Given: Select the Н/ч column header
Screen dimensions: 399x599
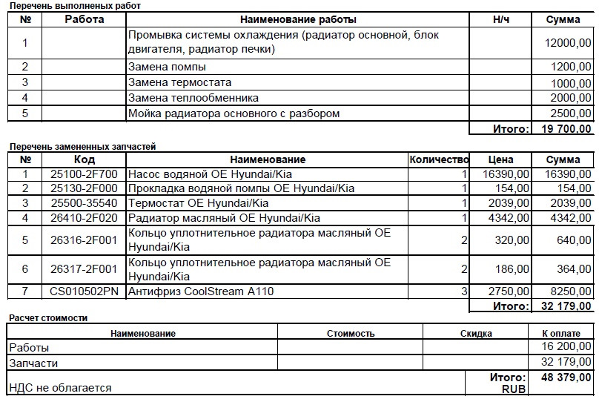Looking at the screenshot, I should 500,19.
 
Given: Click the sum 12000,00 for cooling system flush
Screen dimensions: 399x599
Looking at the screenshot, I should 568,44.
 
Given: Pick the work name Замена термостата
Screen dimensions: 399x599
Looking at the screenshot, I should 180,83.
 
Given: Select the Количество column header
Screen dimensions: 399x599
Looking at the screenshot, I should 439,159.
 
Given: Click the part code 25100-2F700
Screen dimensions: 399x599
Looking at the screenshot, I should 84,174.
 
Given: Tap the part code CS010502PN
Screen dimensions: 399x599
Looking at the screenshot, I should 84,292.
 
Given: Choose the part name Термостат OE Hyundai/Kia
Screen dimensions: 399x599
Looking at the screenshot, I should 199,203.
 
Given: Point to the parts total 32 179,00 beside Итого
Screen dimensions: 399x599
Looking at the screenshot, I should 566,306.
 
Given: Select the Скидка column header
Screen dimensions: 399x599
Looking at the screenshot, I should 475,334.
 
